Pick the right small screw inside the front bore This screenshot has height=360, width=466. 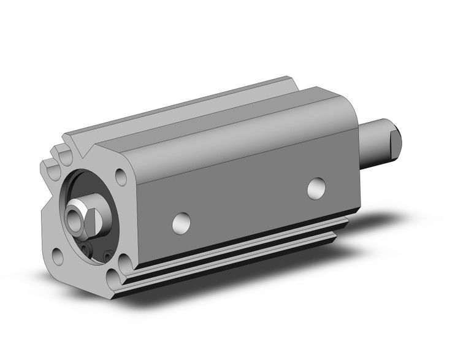coord(107,254)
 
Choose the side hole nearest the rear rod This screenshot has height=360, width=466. coord(316,188)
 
